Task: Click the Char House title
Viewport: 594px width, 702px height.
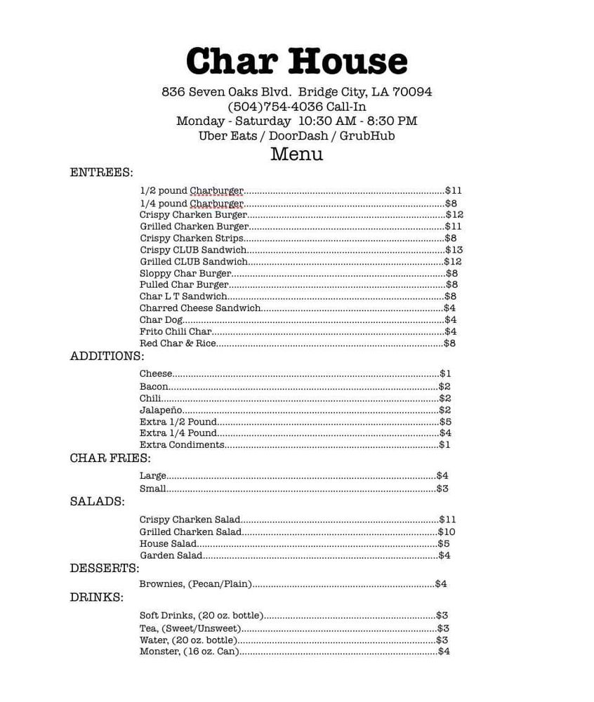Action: pos(296,61)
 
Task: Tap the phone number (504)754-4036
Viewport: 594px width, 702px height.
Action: pos(275,107)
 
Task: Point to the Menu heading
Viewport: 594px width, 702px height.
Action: pos(296,154)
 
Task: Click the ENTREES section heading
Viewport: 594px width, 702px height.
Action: pos(101,172)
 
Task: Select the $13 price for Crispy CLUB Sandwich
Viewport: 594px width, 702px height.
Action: pos(454,250)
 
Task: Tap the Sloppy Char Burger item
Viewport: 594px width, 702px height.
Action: pos(185,274)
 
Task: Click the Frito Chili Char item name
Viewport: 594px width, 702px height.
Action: pos(176,331)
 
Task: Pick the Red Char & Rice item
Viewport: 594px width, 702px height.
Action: pos(178,343)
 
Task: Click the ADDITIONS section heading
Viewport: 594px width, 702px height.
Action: pos(107,357)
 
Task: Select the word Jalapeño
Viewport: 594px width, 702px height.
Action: pos(161,410)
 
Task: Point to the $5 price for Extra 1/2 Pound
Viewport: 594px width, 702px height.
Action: pos(445,422)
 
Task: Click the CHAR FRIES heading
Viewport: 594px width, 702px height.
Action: pos(110,458)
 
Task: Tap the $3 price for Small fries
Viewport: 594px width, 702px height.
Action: pos(442,489)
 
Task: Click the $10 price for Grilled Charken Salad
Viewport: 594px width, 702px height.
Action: pos(447,532)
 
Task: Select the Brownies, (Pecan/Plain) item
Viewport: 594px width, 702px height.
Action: pos(196,584)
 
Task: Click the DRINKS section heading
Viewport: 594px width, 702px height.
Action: pos(97,598)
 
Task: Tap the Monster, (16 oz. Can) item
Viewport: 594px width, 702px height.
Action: pos(190,651)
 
